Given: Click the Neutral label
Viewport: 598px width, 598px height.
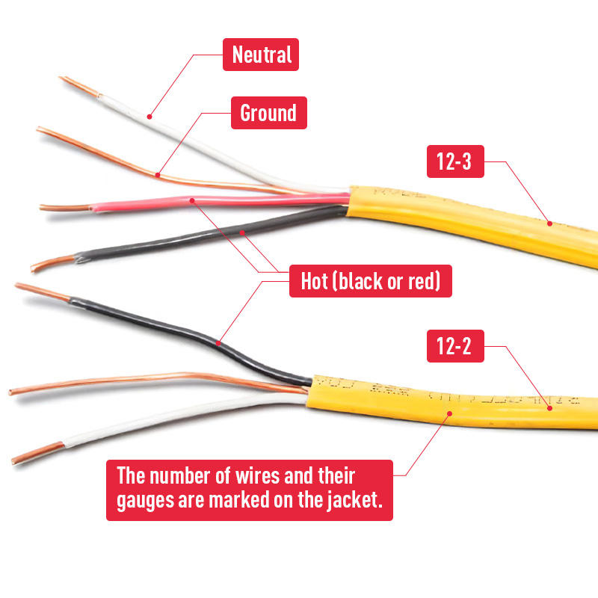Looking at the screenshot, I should (x=261, y=55).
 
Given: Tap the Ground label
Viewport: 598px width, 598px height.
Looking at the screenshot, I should (x=268, y=113).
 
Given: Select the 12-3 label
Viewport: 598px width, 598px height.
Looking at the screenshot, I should (x=455, y=161).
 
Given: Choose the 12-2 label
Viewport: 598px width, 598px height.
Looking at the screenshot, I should (x=455, y=347).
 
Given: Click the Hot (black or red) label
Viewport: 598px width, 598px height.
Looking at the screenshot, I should (x=370, y=281).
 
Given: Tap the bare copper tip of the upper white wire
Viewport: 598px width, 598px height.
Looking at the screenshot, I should (x=79, y=86).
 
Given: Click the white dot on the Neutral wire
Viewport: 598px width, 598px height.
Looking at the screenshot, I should (x=149, y=116).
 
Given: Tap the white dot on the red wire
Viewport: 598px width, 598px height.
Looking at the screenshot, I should (x=193, y=200).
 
